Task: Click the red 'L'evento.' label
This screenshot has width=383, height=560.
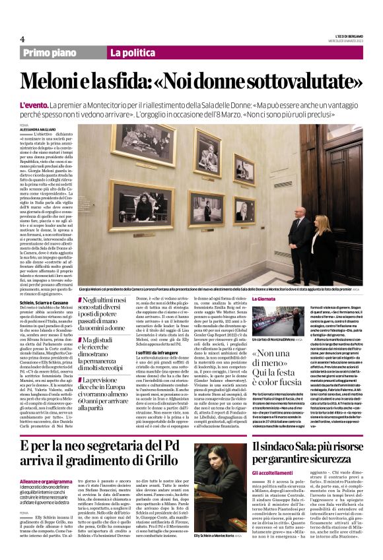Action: tap(34, 106)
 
